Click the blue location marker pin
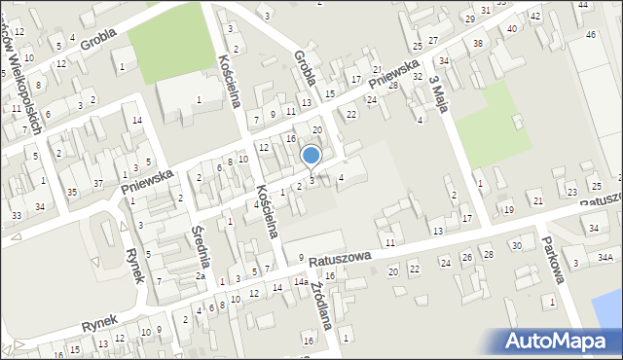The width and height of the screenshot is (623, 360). tap(311, 156)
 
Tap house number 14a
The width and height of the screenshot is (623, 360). tap(301, 282)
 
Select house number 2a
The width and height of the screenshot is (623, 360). tap(200, 276)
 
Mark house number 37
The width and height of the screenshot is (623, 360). tap(98, 184)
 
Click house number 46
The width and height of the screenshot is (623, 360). tap(591, 35)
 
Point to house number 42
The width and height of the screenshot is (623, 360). tap(535, 18)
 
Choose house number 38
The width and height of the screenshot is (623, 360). tap(477, 44)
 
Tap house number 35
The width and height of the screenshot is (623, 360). tap(72, 193)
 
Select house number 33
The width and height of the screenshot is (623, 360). tap(17, 215)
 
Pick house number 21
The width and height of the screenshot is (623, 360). tap(538, 201)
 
